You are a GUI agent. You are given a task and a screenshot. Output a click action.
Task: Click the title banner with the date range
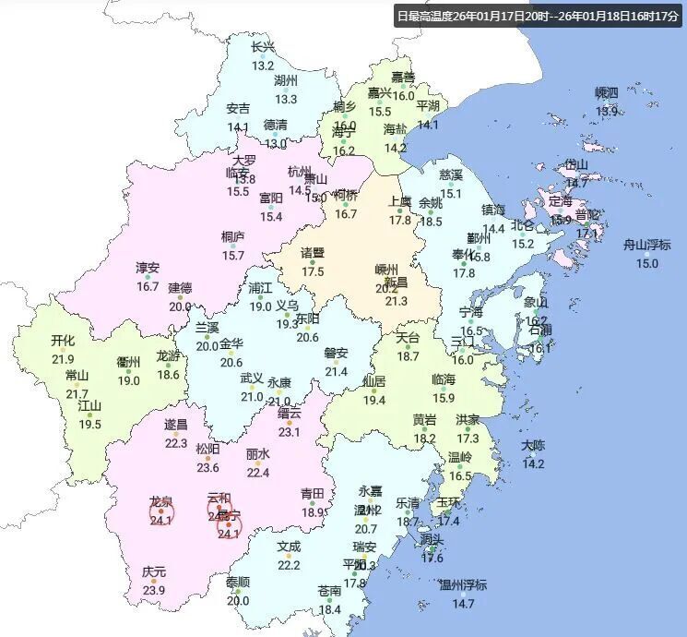coord(537,16)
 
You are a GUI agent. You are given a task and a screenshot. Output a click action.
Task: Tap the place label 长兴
coord(263,48)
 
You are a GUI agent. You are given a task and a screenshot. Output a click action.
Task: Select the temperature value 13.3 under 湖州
coord(286,99)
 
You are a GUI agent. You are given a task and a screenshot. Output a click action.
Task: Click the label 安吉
coord(238,109)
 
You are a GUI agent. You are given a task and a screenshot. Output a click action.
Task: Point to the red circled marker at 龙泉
coord(162,511)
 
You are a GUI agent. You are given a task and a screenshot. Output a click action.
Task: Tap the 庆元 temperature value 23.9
coord(154,590)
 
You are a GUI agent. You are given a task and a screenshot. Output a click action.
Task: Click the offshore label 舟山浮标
coord(646,245)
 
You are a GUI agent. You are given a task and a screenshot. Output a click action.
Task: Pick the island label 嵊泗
coord(606,92)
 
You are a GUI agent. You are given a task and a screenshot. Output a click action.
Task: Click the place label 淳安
coord(148,269)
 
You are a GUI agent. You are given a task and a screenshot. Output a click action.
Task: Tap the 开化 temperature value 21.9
coord(63,359)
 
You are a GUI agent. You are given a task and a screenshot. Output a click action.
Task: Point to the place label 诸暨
coord(313,253)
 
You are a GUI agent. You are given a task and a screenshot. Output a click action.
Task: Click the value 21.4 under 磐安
coord(336,371)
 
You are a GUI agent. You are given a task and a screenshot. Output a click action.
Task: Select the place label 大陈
coord(533,445)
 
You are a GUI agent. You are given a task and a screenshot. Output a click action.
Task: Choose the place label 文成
coord(289,547)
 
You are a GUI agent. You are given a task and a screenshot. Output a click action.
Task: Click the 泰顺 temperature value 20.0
coord(238,600)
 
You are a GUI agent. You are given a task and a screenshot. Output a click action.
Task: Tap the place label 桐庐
coord(232,237)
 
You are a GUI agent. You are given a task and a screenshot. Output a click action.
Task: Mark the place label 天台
coord(408,338)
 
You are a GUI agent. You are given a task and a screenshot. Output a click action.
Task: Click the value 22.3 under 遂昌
coord(175,443)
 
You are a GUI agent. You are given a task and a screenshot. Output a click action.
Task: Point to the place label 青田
coord(314,494)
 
